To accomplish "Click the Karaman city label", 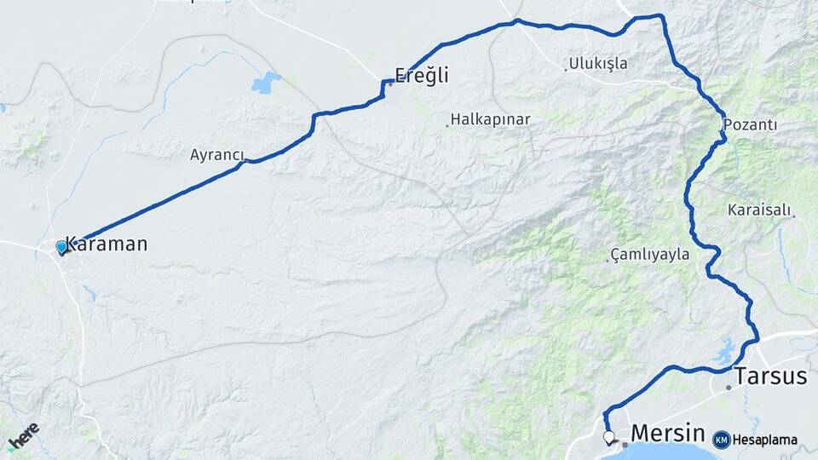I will point(107,244).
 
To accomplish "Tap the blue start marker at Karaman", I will point(61,247).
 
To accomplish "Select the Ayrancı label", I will point(216,155).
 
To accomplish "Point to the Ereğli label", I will point(421,76).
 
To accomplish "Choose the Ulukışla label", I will point(599,64).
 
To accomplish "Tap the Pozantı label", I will point(751,125).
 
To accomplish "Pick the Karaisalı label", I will point(759,210).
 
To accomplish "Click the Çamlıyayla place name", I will point(650,254).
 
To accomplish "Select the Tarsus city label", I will point(770,376).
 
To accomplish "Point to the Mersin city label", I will point(667,432).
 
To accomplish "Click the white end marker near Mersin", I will point(608,438).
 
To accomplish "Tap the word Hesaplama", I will point(764,440).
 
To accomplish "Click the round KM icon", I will point(722,440).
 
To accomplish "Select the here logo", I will point(24,435).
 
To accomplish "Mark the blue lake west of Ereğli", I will point(266,82).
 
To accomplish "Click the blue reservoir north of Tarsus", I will point(726,351).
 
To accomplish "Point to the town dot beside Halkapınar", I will point(447,126).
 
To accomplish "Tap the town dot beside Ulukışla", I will point(566,70).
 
